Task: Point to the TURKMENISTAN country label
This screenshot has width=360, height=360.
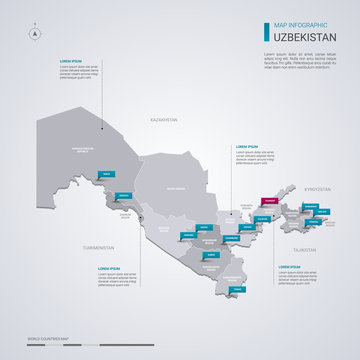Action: [x=100, y=248]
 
